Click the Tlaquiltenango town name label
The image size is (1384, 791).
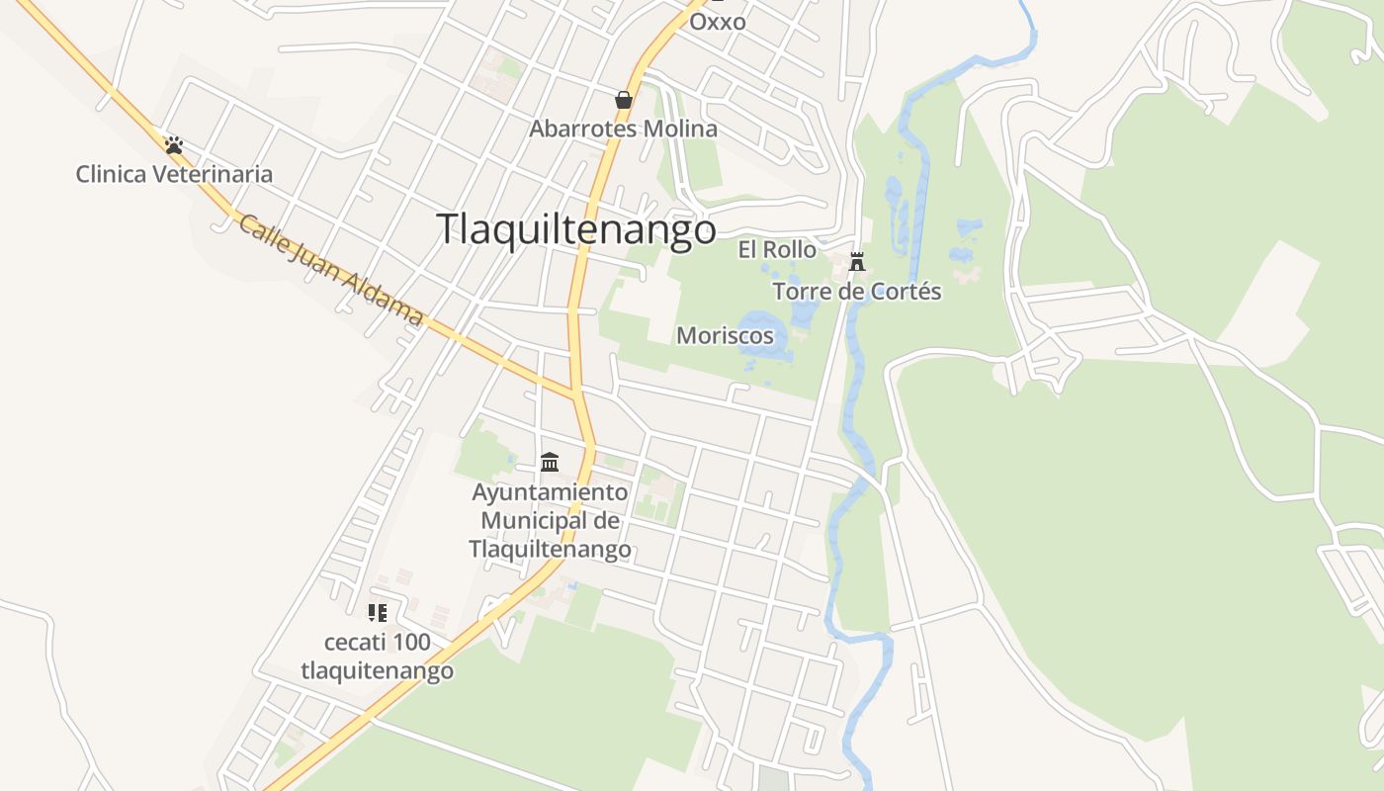point(576,229)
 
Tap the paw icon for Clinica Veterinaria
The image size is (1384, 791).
point(174,145)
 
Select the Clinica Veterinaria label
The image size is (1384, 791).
point(174,175)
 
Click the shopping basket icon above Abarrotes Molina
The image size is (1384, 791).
point(624,100)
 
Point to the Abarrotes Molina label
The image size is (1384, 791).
point(623,129)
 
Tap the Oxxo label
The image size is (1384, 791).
point(718,22)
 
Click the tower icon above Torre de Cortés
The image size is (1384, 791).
point(857,262)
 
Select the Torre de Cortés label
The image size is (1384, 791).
point(857,292)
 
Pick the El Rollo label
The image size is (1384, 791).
point(778,250)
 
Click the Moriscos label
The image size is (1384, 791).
point(725,336)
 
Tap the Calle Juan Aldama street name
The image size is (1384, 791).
point(331,271)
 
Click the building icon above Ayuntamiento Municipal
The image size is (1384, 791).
point(550,462)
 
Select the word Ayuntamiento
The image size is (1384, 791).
point(550,492)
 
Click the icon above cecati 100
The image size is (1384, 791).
point(377,613)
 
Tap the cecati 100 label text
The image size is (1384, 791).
point(378,643)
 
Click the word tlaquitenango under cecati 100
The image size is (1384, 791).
point(378,671)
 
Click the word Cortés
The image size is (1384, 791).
point(909,292)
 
